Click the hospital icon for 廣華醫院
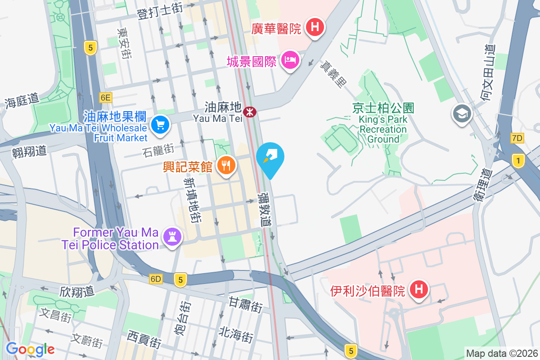point(315,27)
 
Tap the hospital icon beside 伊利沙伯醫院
point(419,290)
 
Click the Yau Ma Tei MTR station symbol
point(249,111)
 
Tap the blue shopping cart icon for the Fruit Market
point(160,125)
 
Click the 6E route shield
point(105,97)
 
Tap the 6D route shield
point(156,279)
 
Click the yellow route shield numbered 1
point(519,160)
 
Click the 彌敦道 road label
point(265,210)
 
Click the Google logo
point(30,349)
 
